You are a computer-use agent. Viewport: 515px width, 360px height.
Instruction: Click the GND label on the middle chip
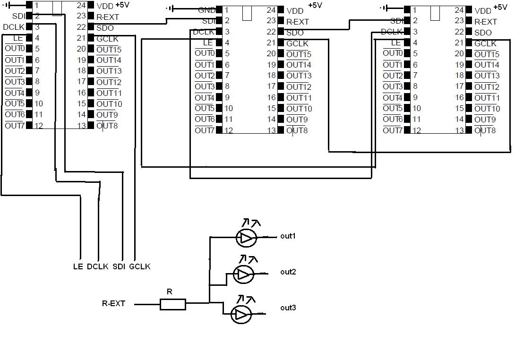click(206, 10)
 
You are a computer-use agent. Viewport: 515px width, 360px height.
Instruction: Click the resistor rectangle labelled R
click(173, 305)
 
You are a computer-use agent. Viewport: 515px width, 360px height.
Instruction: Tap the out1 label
click(288, 236)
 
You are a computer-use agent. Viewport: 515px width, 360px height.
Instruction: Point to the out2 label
click(288, 272)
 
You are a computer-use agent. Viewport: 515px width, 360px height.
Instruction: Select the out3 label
click(288, 308)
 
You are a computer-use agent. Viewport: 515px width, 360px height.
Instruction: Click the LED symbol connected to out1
click(246, 238)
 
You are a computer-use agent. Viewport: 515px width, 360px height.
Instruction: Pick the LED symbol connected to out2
click(244, 274)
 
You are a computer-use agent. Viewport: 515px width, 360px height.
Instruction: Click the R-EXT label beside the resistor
click(113, 303)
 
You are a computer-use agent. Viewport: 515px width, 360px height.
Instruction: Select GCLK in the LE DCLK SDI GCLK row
click(139, 266)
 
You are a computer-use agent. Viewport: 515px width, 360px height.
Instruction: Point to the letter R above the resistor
click(170, 292)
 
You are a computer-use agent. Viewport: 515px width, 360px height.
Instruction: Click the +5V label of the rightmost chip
click(500, 7)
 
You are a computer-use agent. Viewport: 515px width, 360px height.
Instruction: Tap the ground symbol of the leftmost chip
click(8, 5)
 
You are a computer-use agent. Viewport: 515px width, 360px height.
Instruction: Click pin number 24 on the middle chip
click(271, 10)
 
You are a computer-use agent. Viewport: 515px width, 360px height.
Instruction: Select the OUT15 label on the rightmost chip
click(487, 55)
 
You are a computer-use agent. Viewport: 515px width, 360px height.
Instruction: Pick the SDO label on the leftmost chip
click(105, 28)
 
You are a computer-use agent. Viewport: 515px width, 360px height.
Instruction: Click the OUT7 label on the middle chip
click(205, 130)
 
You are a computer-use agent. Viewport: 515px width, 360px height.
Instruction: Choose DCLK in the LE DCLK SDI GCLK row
click(98, 266)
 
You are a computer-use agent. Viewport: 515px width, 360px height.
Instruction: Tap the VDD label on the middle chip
click(295, 10)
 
